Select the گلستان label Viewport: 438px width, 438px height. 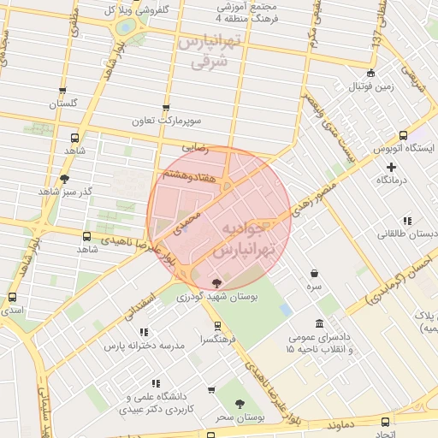[x=63, y=104]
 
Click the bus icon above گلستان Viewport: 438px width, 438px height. [x=62, y=91]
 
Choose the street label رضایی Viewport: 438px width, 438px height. [x=194, y=148]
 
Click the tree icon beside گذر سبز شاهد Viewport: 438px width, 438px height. [x=64, y=179]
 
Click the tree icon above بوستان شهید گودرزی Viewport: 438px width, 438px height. [x=216, y=283]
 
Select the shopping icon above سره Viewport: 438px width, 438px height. [x=316, y=274]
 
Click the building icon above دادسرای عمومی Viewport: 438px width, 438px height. [x=319, y=323]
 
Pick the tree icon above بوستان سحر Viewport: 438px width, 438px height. [x=240, y=404]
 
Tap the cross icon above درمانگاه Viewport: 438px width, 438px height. [x=391, y=167]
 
